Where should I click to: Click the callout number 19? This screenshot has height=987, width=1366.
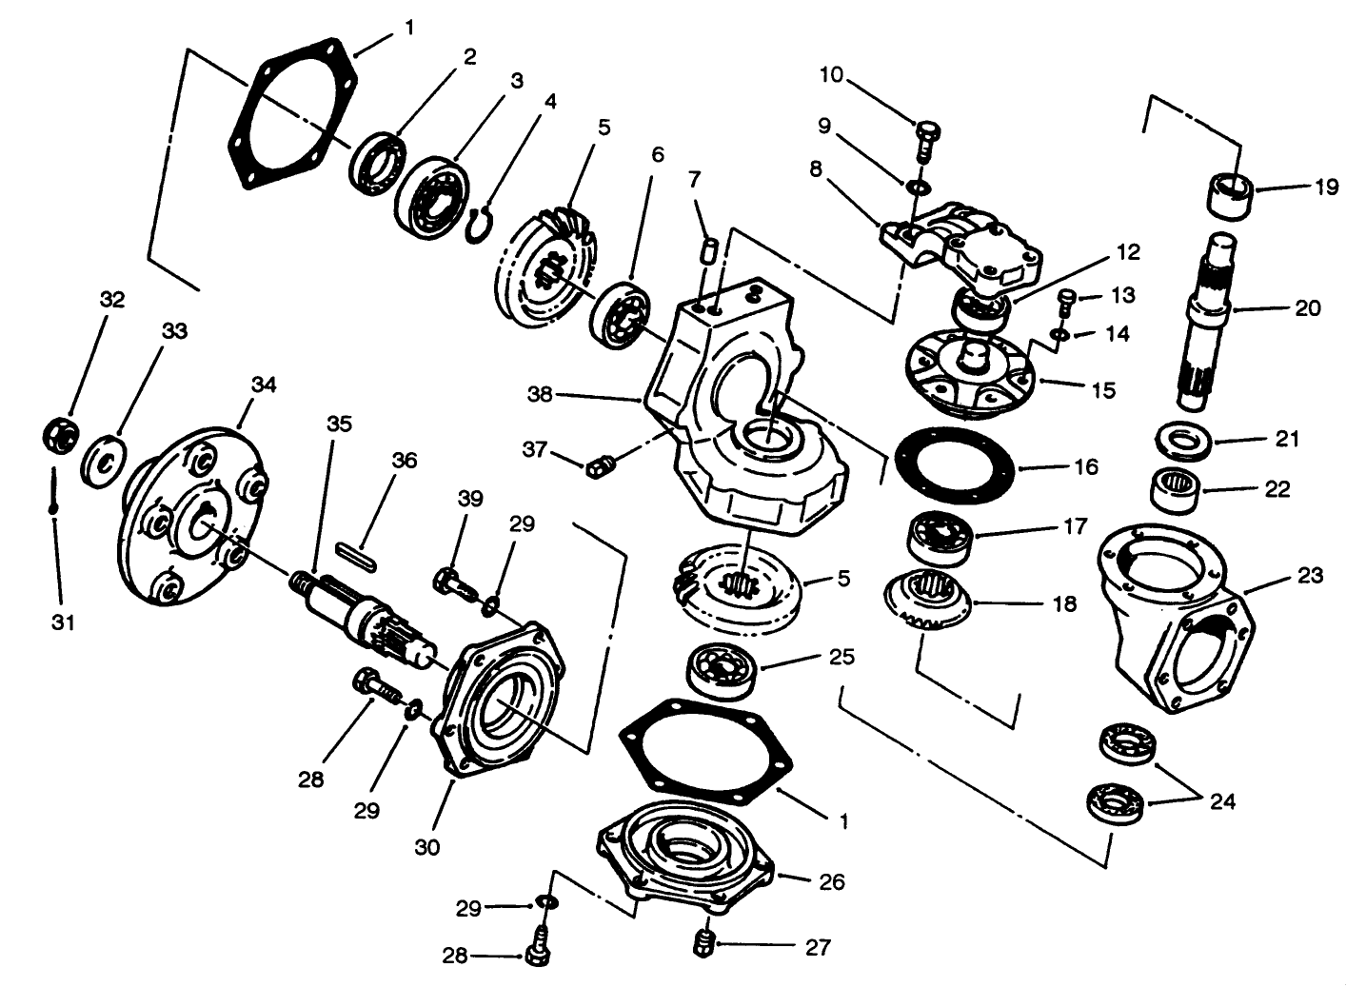click(1326, 188)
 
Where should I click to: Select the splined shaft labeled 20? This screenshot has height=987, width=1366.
click(1210, 324)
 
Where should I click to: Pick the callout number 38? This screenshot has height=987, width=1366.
click(541, 393)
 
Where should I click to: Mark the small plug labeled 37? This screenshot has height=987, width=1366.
click(599, 466)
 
